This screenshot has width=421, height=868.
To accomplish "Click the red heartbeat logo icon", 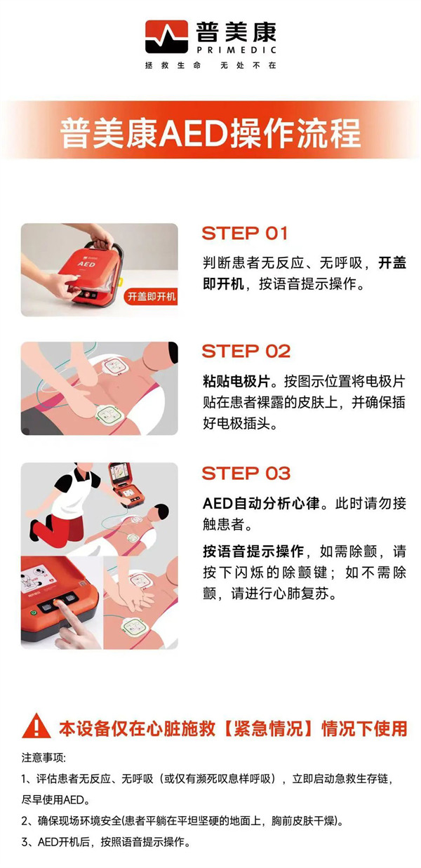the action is tap(166, 36).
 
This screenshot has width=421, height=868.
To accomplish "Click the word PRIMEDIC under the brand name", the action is tap(236, 50).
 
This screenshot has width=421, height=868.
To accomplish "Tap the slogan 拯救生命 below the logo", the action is tap(173, 65).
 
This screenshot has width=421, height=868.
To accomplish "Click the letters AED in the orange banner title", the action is tap(194, 134).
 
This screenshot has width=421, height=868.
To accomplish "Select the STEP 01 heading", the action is tap(245, 233).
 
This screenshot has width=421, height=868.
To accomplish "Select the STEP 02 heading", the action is tap(246, 351).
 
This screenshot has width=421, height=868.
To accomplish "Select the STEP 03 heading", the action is tap(246, 473).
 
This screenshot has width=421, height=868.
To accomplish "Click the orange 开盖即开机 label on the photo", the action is tap(152, 296).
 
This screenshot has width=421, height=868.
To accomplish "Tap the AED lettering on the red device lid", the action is tap(86, 264).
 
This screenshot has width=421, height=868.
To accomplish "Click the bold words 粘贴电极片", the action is tap(236, 381).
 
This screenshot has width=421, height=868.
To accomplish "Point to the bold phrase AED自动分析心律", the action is tap(261, 503).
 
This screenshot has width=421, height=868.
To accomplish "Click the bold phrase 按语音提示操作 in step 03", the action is tap(253, 551).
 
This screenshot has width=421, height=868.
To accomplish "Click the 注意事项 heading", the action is tap(44, 758).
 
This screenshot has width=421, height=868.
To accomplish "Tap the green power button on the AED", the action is tap(34, 613).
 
